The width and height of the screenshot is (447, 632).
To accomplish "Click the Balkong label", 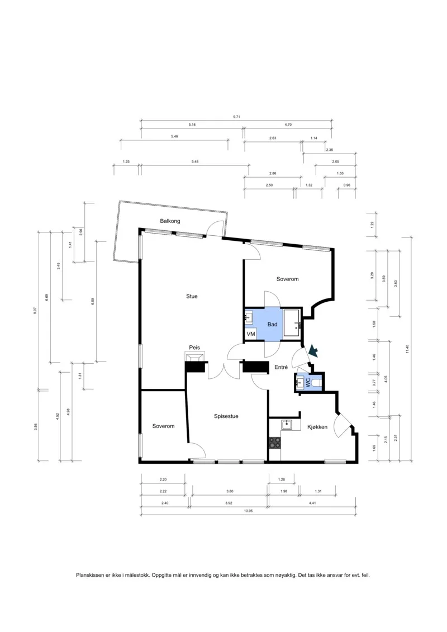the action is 170,221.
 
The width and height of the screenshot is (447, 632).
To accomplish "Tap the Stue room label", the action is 192,296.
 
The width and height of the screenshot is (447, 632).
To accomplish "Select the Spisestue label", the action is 226,416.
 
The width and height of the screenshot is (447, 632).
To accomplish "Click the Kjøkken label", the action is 317,427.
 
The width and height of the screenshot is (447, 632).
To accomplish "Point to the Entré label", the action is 281,367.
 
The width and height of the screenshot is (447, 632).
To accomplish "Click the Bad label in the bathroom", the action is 273,324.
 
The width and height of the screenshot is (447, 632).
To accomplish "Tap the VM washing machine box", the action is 251,334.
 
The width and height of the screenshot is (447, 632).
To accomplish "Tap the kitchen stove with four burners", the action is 275,443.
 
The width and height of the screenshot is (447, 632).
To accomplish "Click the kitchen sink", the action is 287,425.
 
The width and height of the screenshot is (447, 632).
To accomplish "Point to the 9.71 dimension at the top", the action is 236,116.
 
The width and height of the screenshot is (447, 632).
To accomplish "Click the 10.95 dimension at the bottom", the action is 248,511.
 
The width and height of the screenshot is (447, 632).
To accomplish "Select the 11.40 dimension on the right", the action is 407,349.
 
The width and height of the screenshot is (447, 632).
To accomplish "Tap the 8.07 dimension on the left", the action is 35,311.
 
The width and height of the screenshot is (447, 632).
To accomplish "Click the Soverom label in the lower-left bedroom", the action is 163,426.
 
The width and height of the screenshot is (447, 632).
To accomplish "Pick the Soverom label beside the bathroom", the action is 287,279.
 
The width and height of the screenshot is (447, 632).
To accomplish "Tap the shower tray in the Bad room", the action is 292,323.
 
